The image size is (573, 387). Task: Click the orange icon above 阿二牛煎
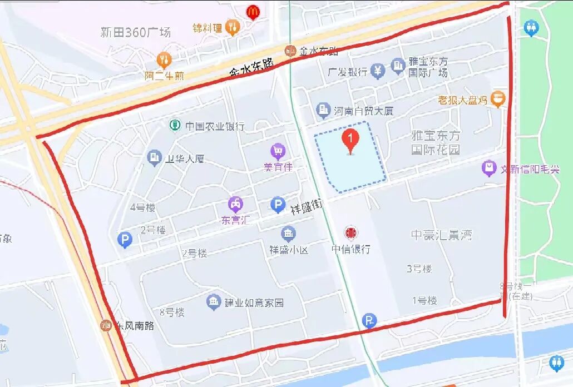164,59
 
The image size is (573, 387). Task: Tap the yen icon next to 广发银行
378,71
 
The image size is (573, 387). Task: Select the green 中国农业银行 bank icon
175,125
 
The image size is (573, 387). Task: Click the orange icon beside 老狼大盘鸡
498,100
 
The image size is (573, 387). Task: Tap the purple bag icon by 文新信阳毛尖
489,167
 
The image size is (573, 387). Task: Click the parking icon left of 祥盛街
278,205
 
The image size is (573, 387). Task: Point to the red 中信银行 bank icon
350,233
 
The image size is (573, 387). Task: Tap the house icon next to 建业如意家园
213,302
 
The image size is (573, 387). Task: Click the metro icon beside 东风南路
106,325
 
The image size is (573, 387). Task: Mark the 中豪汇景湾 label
441,235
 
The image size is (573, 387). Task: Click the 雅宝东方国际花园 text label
436,142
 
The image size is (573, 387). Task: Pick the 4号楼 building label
142,208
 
